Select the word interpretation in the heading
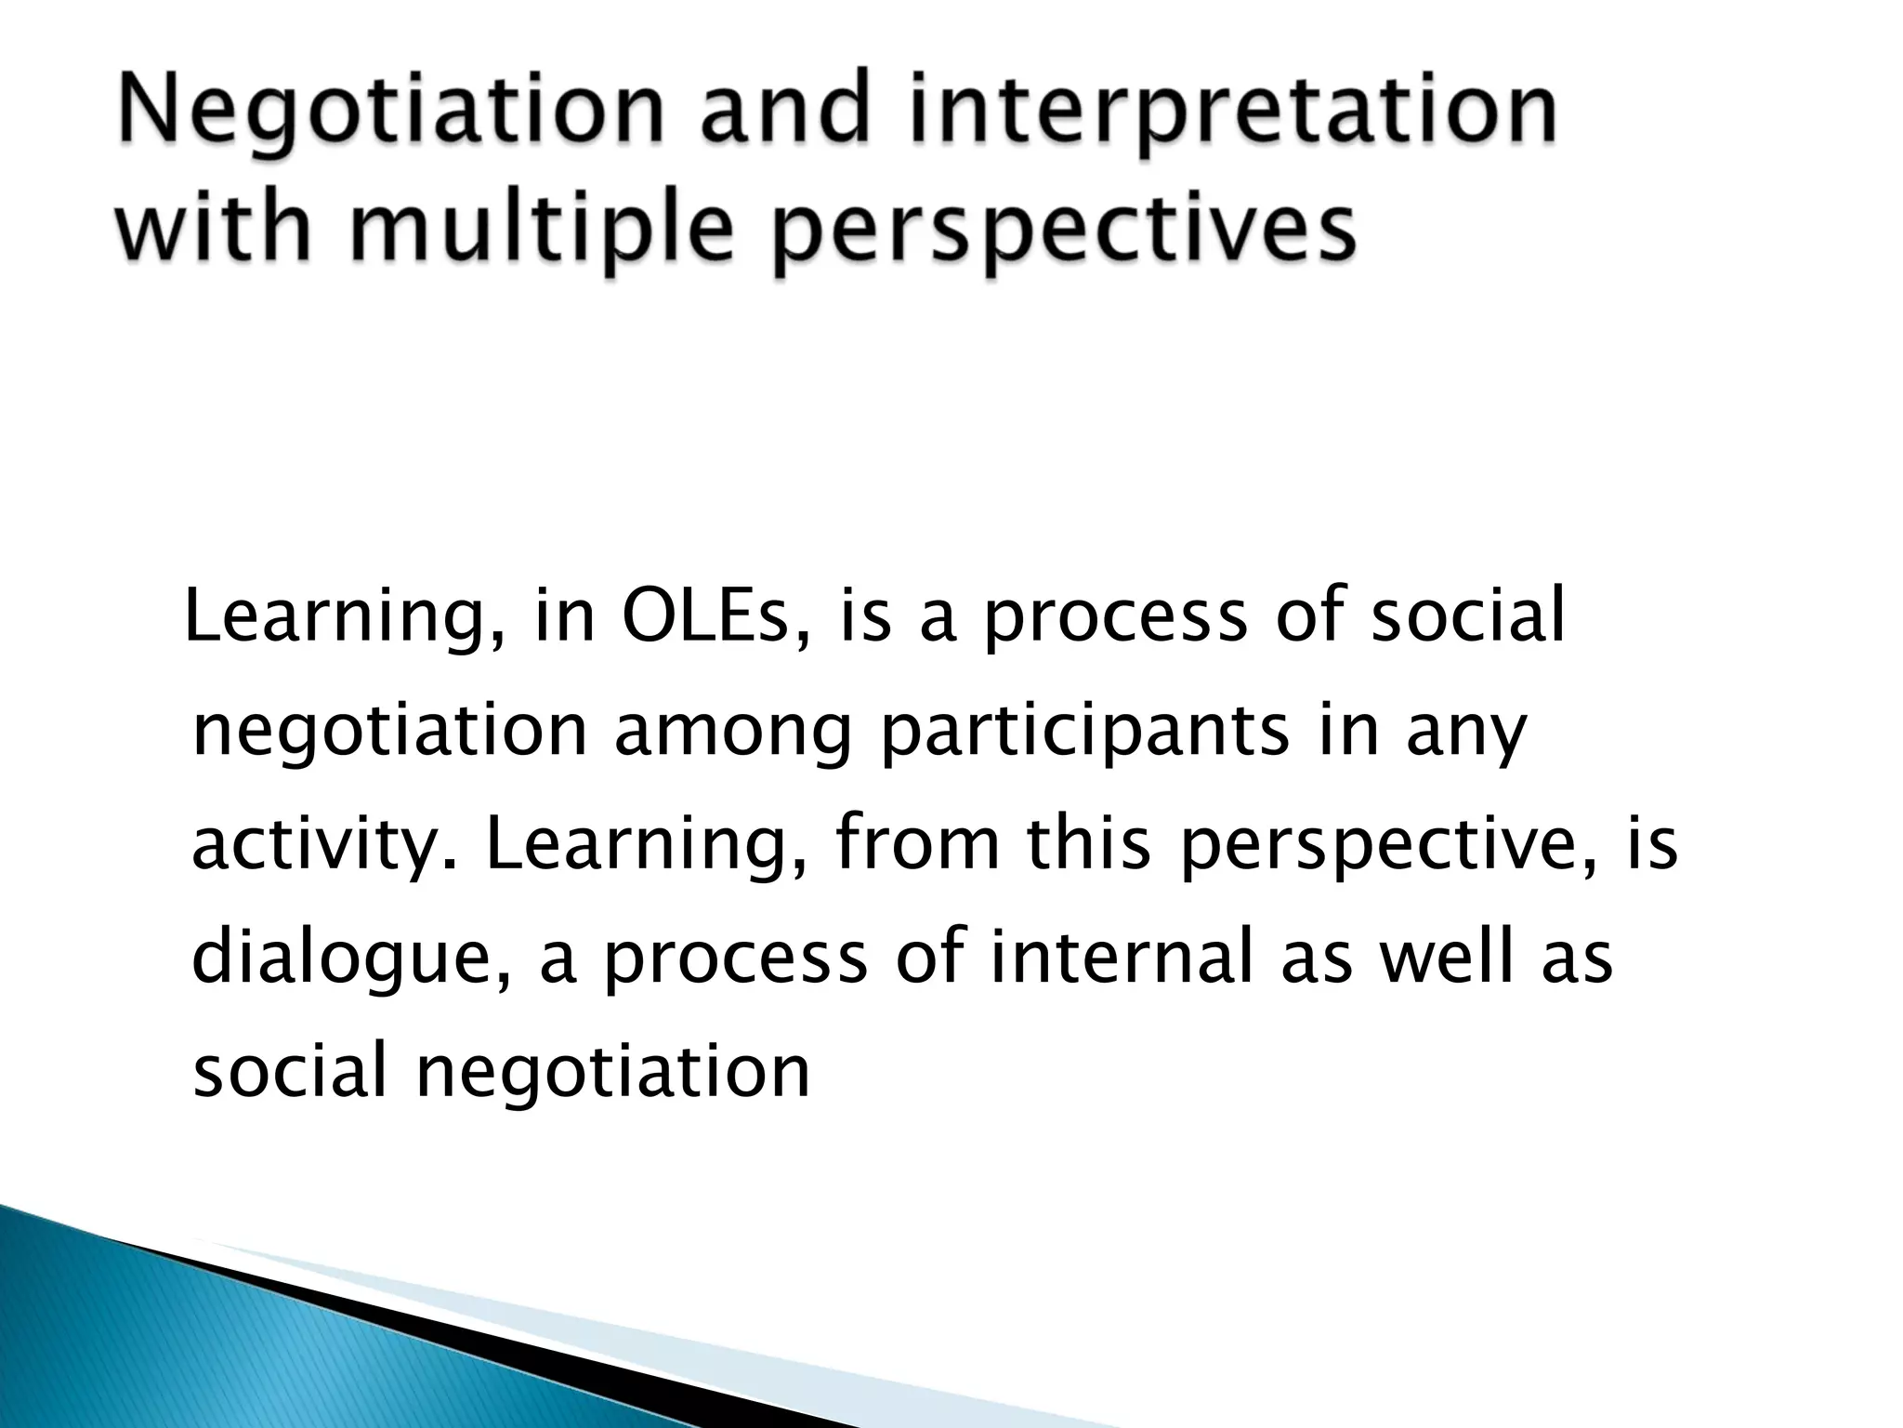click(x=1234, y=116)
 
